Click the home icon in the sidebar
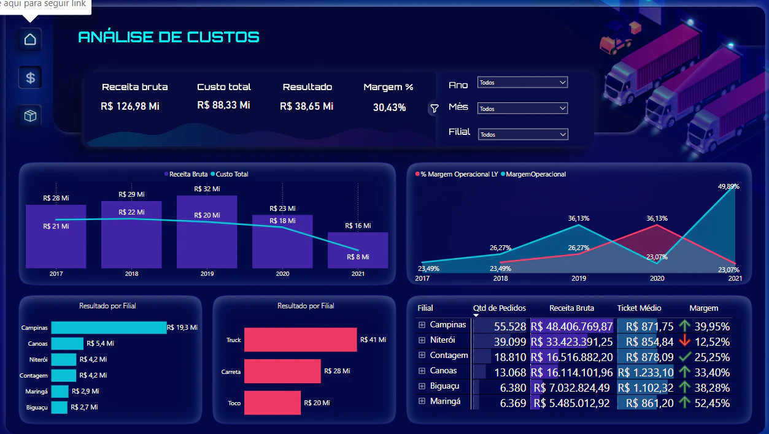(30, 39)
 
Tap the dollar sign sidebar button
(30, 78)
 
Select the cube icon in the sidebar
(30, 116)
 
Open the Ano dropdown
(522, 82)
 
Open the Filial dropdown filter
(523, 134)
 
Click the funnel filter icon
(435, 108)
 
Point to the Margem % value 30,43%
(389, 107)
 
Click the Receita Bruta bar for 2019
(207, 232)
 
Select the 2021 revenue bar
(358, 250)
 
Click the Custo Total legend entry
(230, 174)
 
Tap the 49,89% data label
(728, 186)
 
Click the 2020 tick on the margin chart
(657, 278)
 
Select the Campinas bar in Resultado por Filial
(109, 327)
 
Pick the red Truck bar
(300, 340)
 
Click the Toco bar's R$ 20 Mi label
(317, 403)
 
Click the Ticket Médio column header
(639, 308)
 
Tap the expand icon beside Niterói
(422, 340)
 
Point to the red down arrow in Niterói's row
(684, 341)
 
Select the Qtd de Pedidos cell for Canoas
(510, 372)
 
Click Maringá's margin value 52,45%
(712, 403)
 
